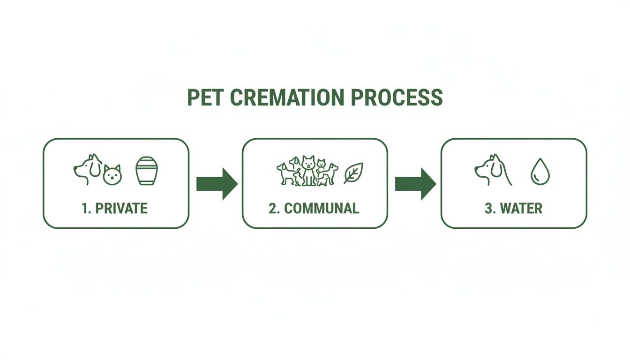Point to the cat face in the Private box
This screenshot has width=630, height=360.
112,175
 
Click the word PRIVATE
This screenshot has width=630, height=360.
121,208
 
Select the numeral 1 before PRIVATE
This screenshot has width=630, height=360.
85,208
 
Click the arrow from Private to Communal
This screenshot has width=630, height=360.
216,184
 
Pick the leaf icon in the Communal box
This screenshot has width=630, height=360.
353,172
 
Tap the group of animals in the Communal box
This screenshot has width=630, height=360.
307,171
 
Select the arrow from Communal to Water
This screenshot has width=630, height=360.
415,184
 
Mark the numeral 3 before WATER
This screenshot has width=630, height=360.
489,208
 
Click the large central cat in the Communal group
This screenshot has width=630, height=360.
307,170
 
